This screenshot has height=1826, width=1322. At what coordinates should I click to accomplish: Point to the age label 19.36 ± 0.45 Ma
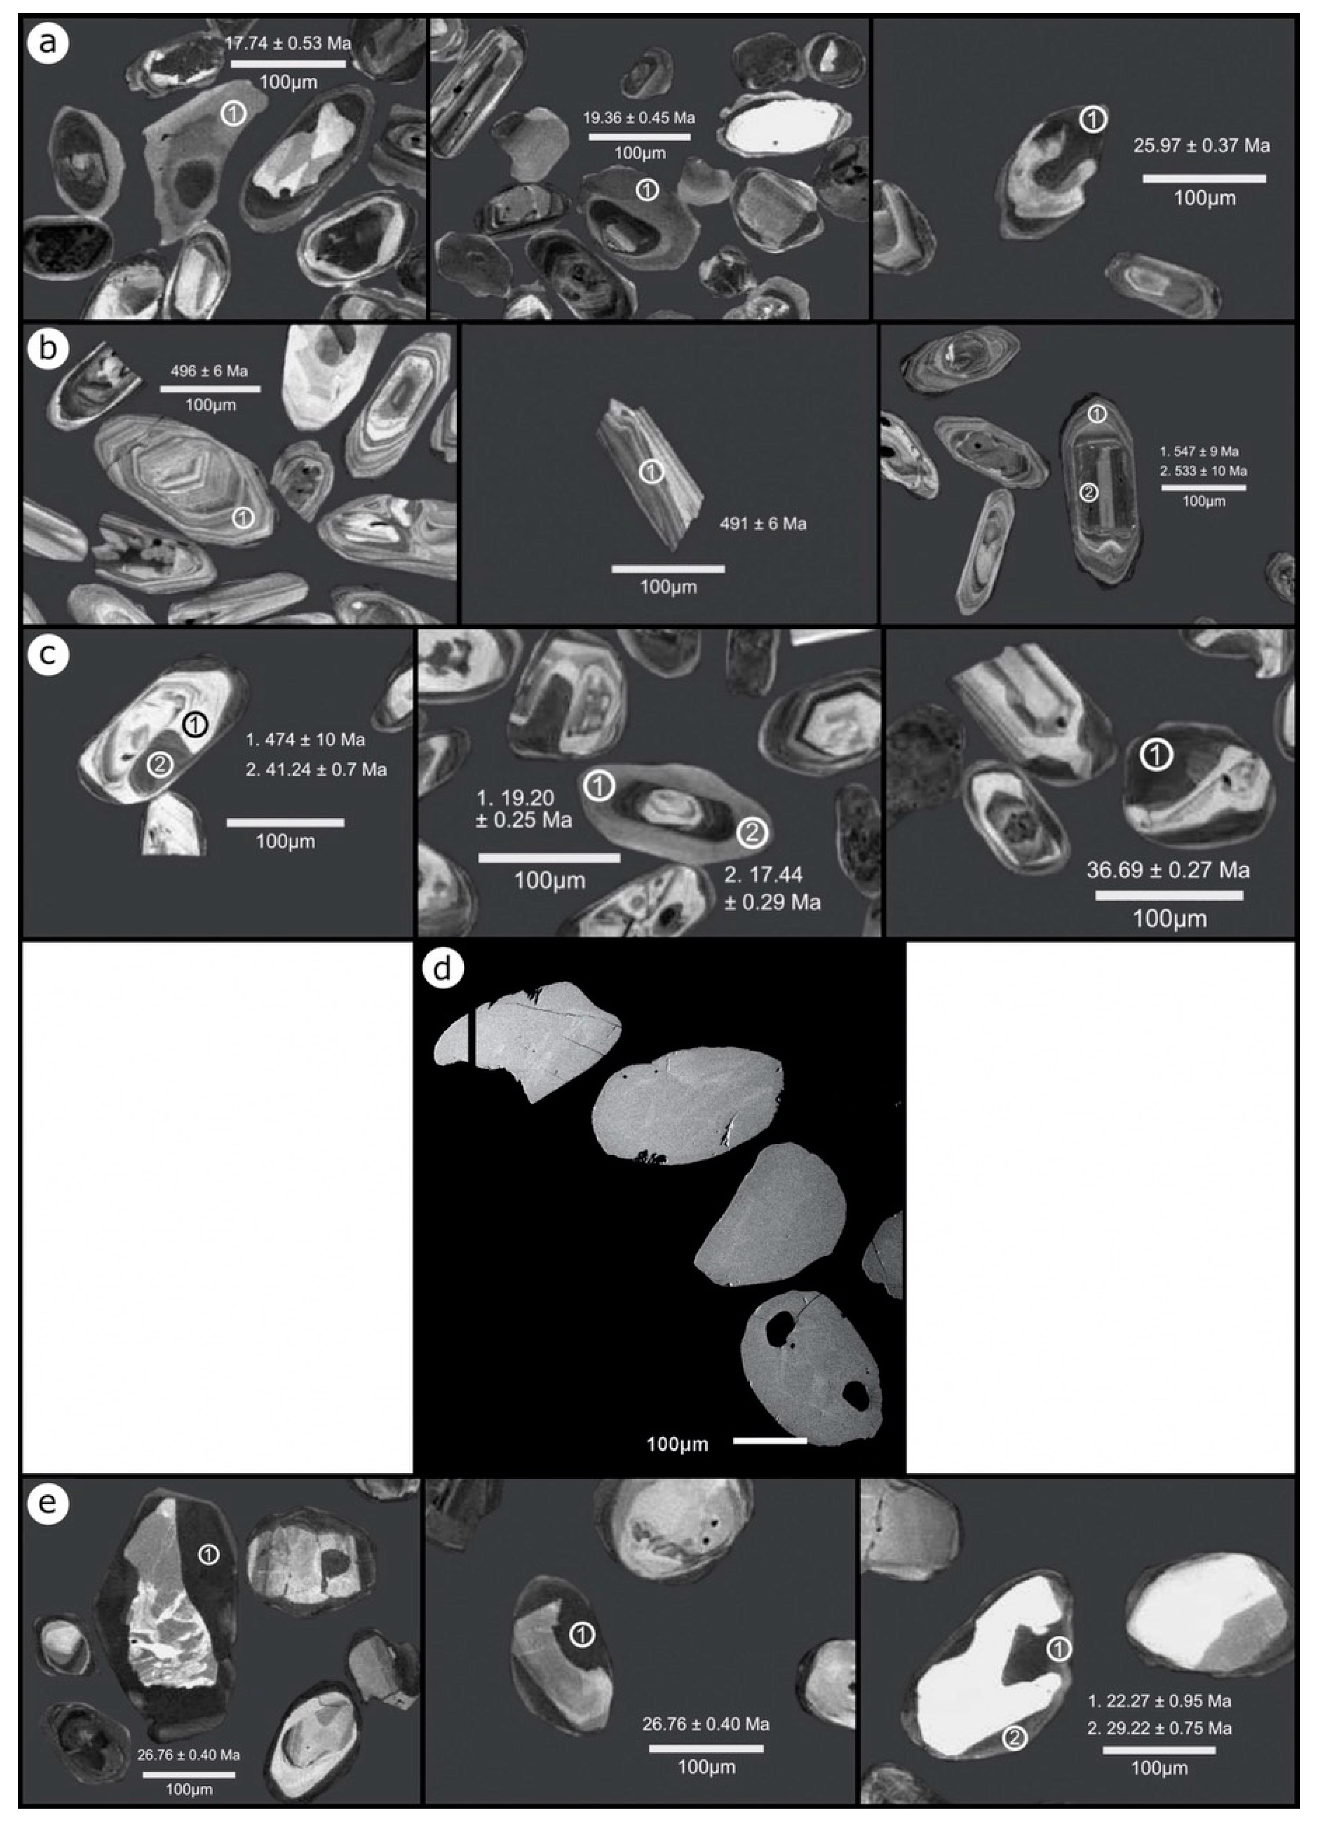click(x=639, y=118)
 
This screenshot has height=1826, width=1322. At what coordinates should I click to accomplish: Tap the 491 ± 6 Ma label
click(x=762, y=524)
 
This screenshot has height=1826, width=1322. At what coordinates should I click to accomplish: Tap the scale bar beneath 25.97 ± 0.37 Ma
click(x=1204, y=178)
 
